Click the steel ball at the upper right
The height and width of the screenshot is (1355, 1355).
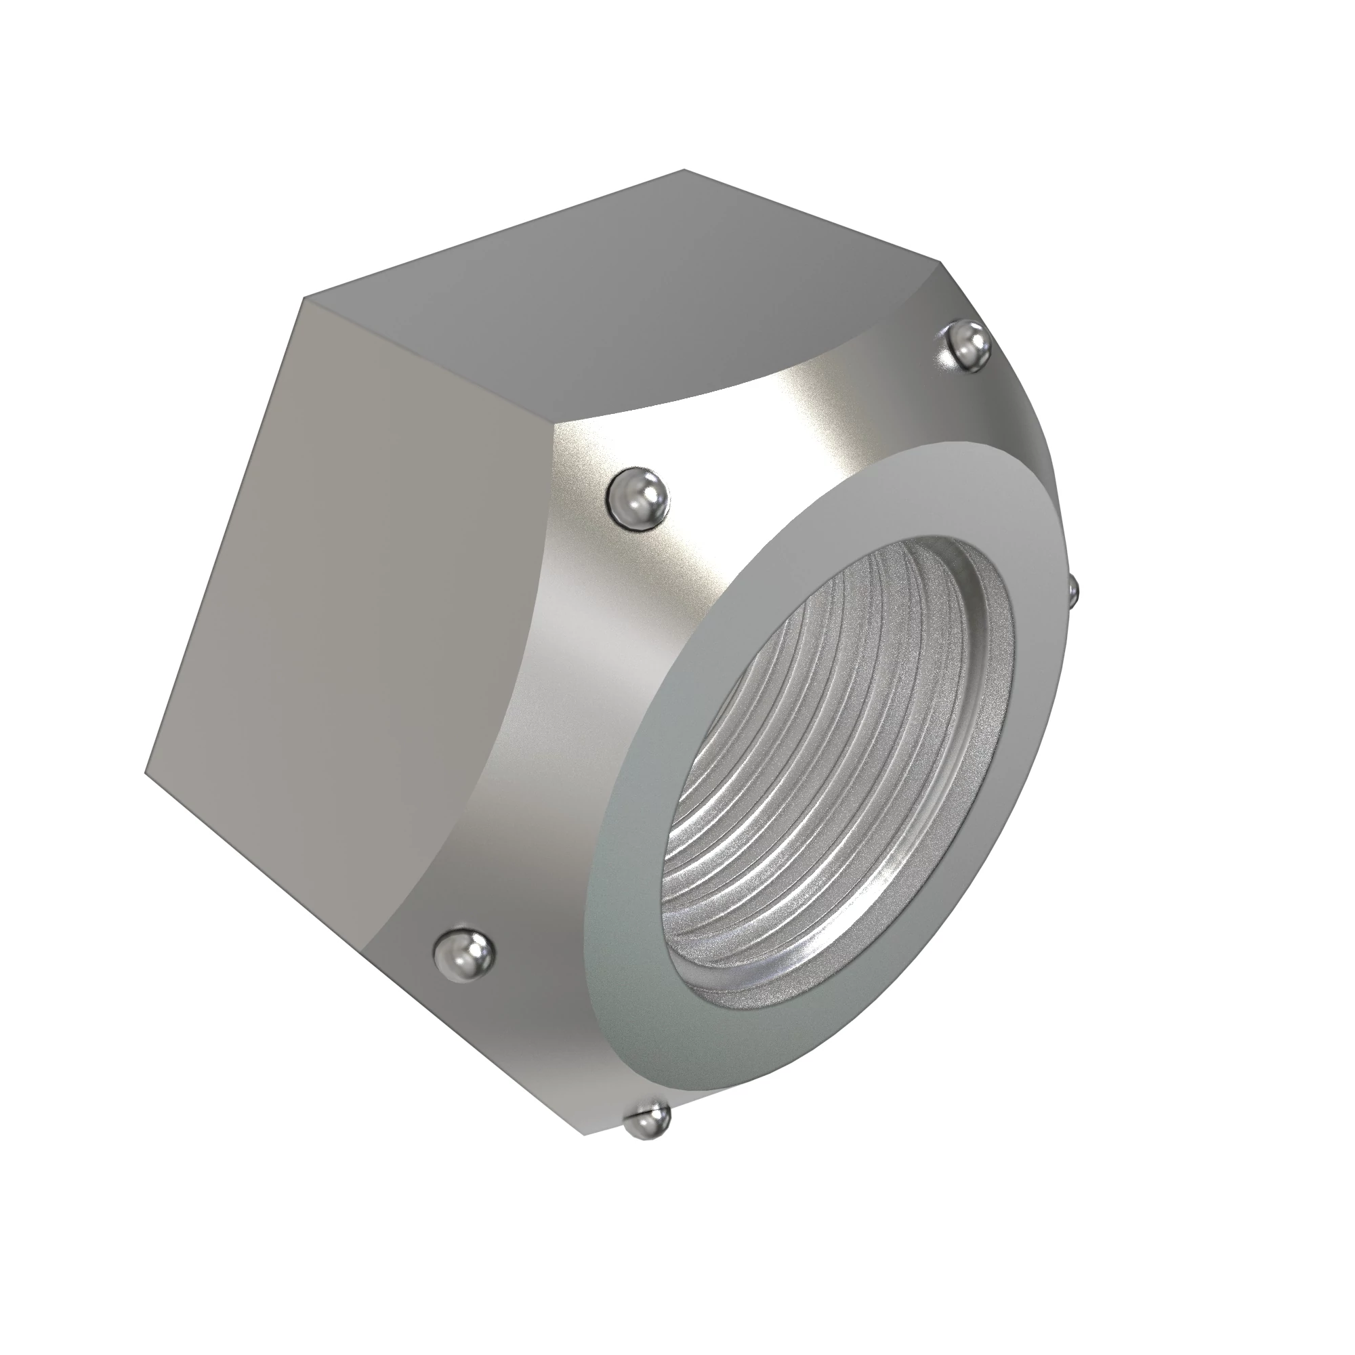[x=967, y=346]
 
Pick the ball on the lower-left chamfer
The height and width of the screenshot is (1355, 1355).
[x=463, y=953]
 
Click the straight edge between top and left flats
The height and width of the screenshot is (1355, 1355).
[x=428, y=361]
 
